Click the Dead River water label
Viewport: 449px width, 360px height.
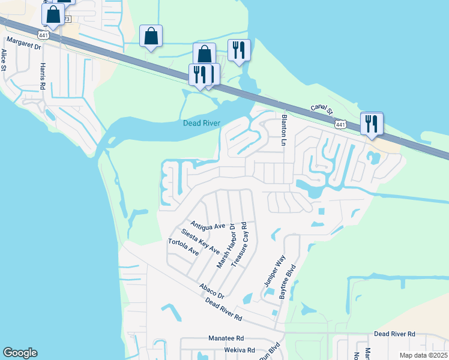pyautogui.click(x=201, y=124)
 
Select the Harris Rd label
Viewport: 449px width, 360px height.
pyautogui.click(x=43, y=76)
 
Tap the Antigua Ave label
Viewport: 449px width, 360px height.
pyautogui.click(x=207, y=226)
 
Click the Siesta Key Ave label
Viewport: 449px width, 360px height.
pyautogui.click(x=200, y=241)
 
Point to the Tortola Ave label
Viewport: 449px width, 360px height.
pyautogui.click(x=183, y=247)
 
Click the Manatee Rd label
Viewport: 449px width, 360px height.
pyautogui.click(x=226, y=338)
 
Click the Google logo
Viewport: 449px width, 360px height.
pyautogui.click(x=20, y=353)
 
